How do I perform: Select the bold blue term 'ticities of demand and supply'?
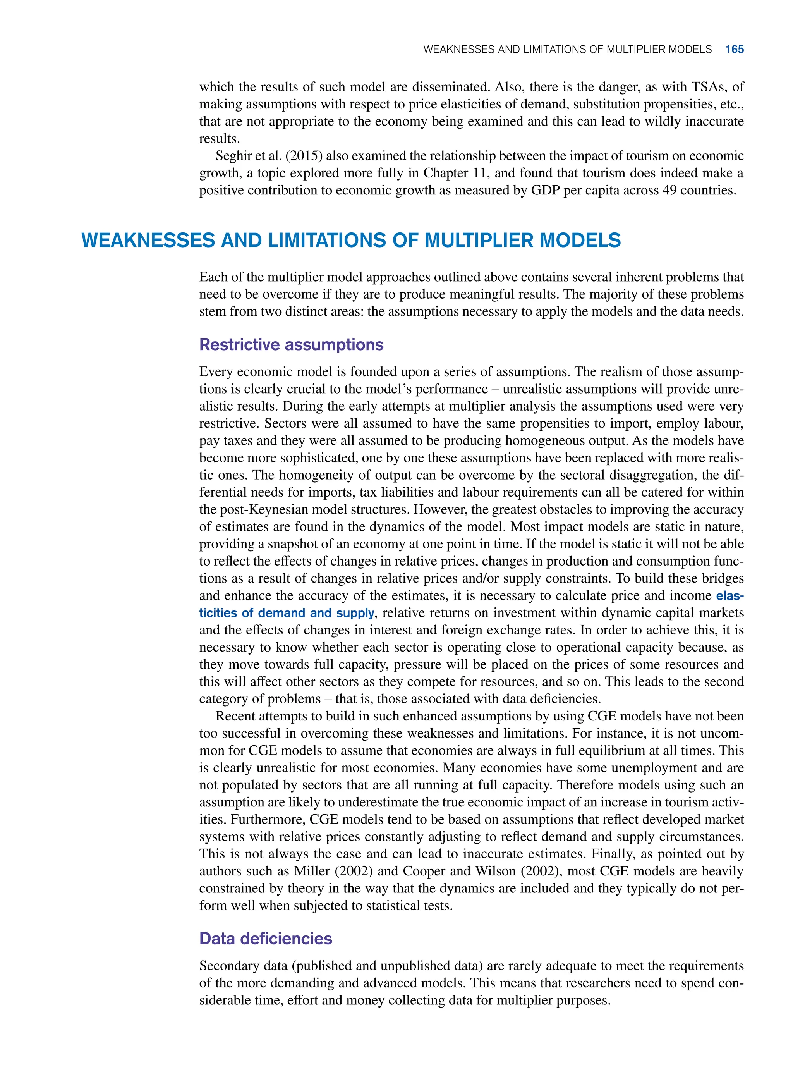[287, 613]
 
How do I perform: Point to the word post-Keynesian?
[269, 509]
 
